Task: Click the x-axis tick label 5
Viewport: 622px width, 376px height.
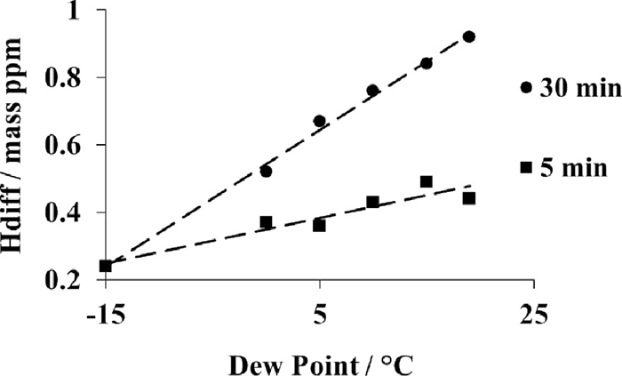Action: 319,313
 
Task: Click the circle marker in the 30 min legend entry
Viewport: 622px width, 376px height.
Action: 526,88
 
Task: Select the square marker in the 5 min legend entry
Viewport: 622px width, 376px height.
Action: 526,167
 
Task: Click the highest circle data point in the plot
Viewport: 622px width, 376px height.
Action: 469,36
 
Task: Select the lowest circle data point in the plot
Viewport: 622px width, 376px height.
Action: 266,171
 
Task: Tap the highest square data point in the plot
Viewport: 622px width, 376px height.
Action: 427,181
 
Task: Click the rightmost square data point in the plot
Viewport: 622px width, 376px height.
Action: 469,198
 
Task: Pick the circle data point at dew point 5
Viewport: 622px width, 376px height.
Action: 319,121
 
